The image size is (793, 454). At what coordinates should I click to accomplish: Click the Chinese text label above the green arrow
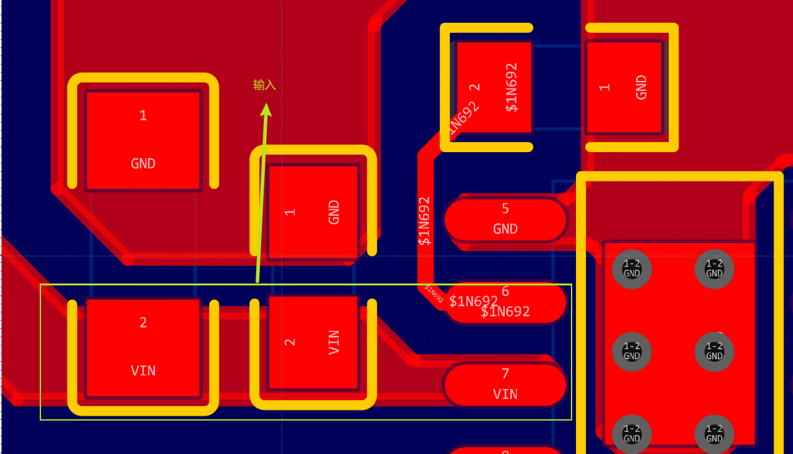pos(264,85)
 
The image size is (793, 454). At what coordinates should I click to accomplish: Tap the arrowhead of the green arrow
pos(266,109)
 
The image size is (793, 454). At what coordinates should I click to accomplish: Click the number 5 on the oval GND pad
pos(505,208)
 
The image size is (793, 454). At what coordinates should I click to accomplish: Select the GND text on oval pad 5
pos(505,229)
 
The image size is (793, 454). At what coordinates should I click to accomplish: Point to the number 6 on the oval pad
pos(505,291)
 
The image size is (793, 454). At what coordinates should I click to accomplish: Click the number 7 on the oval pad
pos(505,374)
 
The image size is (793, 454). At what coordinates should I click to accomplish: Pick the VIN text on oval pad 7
pos(505,394)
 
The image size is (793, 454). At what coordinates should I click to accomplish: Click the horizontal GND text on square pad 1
pos(143,164)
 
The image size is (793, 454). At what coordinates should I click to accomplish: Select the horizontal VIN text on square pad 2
pos(143,371)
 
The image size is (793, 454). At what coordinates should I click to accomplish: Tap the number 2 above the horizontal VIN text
pos(143,323)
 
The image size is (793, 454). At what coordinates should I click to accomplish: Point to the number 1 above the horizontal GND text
pos(143,116)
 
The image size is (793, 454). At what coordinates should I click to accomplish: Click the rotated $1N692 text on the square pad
pos(512,87)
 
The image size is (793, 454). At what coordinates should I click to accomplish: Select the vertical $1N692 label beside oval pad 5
pos(425,220)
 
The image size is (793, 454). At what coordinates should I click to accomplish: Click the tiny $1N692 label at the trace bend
pos(433,294)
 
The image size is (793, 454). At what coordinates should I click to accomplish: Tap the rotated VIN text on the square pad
pos(334,342)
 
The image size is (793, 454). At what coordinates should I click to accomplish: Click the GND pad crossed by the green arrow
pos(313,212)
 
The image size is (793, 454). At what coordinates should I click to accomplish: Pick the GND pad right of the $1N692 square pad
pos(625,87)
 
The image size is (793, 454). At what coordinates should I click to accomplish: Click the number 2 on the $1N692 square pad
pos(475,87)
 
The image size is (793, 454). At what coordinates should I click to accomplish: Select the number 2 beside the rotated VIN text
pos(290,342)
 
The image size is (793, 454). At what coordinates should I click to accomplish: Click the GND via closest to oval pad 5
pos(631,269)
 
